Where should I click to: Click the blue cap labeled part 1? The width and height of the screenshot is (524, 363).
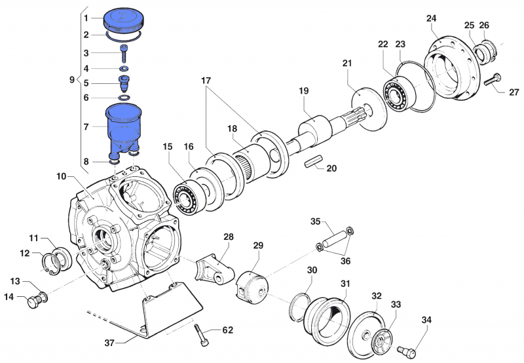(124, 19)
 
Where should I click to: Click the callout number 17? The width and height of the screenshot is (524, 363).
(206, 81)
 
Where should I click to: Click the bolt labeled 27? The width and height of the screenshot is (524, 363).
(493, 81)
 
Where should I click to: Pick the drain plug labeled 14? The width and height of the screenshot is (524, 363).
(32, 302)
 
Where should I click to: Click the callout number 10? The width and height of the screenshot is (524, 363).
(62, 176)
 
